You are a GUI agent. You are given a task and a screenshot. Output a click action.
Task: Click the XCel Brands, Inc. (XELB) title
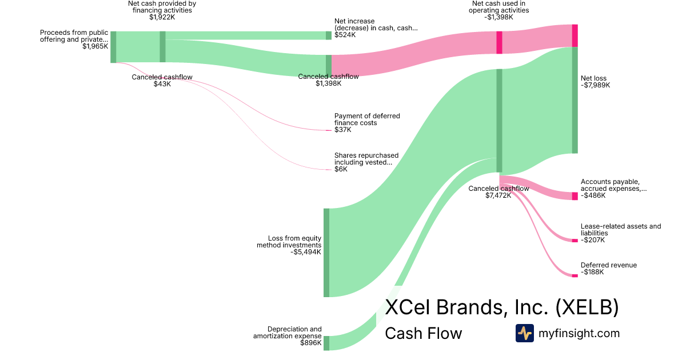tap(501, 307)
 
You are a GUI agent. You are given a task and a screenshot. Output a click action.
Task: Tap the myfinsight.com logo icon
tap(524, 333)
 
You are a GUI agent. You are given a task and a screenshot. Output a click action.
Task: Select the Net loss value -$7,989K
tap(595, 86)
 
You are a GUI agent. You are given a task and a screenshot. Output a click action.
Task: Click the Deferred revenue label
tap(608, 265)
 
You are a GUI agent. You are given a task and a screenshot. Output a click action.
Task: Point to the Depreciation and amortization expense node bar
tap(326, 343)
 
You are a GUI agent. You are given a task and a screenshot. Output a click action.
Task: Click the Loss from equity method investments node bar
tap(326, 253)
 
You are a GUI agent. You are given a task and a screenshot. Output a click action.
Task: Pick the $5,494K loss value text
tap(306, 252)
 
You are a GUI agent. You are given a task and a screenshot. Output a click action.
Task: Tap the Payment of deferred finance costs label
tap(367, 119)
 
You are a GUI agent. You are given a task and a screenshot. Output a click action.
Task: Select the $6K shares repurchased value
tap(341, 169)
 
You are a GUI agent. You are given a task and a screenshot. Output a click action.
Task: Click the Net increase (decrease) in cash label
tap(376, 25)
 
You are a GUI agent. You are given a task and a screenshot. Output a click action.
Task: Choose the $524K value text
tap(345, 35)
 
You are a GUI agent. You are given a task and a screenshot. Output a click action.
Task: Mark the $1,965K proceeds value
tap(95, 47)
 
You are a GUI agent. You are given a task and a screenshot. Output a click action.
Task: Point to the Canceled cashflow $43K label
tap(162, 81)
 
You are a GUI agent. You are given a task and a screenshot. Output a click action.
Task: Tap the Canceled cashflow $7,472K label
tap(498, 192)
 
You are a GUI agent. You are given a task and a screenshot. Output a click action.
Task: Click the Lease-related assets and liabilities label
tap(620, 230)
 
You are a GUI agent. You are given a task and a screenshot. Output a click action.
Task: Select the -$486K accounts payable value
tap(593, 195)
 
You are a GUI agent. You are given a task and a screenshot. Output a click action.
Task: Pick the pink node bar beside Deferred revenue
tap(575, 275)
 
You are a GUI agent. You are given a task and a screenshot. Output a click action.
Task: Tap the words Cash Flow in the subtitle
tap(423, 334)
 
